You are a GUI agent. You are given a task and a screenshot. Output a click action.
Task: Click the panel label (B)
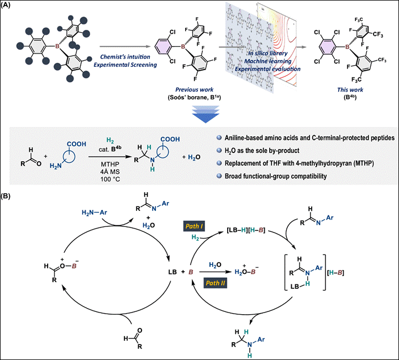pyautogui.click(x=9, y=194)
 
